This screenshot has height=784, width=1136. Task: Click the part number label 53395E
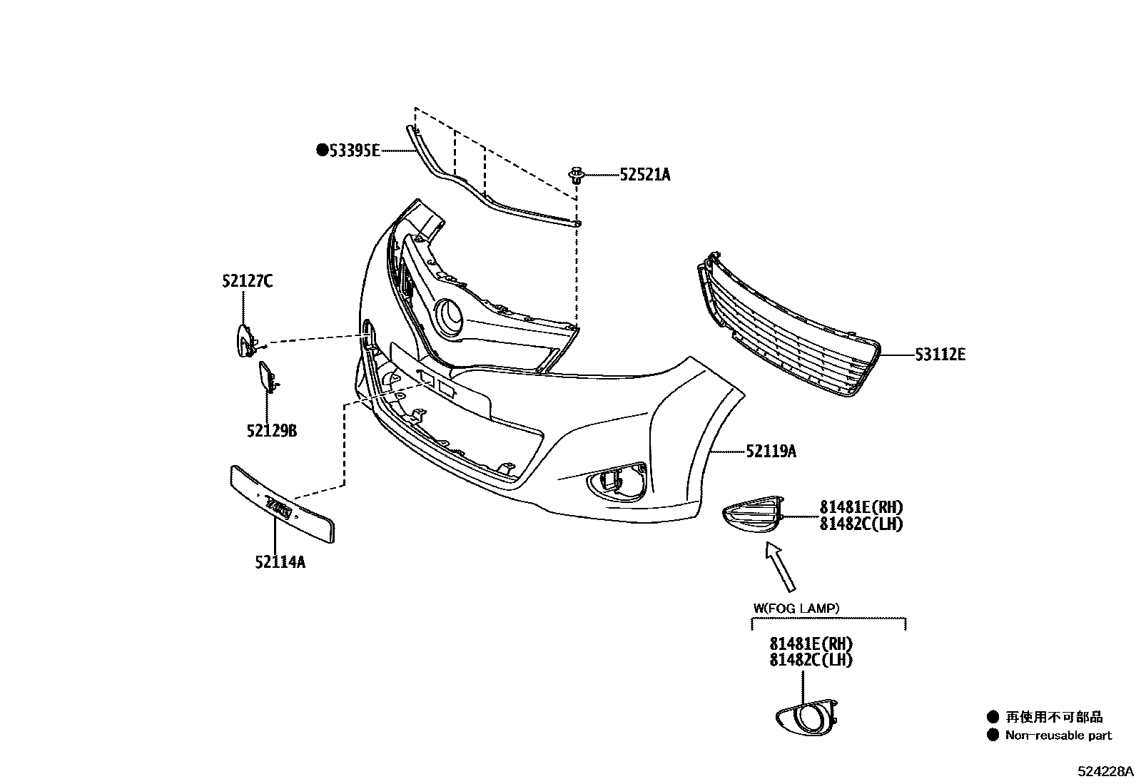355,151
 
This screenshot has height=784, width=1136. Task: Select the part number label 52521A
645,175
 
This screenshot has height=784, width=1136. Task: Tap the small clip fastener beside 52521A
576,175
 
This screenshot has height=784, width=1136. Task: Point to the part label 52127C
247,281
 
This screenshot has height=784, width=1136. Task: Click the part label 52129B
272,431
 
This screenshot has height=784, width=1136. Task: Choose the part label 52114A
280,562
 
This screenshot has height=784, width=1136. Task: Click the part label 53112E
940,355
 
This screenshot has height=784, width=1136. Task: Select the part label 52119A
771,451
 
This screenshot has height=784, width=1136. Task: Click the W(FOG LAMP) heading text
796,608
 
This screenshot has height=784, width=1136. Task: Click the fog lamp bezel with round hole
807,717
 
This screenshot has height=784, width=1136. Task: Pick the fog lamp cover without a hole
753,514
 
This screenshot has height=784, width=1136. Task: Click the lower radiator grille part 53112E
788,325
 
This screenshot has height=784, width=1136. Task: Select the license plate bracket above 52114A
283,504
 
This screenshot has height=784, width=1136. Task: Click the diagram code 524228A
1105,771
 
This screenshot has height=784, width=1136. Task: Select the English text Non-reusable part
1058,735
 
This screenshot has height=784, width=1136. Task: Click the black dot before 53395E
322,150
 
